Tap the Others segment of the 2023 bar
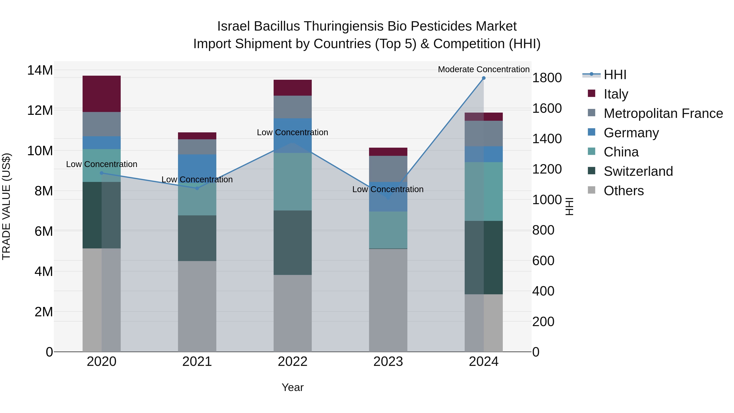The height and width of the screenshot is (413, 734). pos(388,300)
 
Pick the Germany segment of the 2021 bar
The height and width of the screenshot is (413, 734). pos(197,167)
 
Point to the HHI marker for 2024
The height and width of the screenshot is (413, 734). pos(484,78)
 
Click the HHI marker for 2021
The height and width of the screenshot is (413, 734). pos(197,188)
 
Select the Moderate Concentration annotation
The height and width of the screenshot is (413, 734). pos(484,69)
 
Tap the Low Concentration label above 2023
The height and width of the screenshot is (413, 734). pos(388,189)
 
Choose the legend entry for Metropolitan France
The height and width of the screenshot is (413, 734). pos(663,113)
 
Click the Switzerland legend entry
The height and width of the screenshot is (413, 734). pos(638,171)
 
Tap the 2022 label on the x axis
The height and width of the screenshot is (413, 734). pos(292,362)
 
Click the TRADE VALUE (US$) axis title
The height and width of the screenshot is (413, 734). pos(7,206)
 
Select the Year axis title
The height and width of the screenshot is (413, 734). pos(292,387)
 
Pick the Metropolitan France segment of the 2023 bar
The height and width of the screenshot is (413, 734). pos(388,168)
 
